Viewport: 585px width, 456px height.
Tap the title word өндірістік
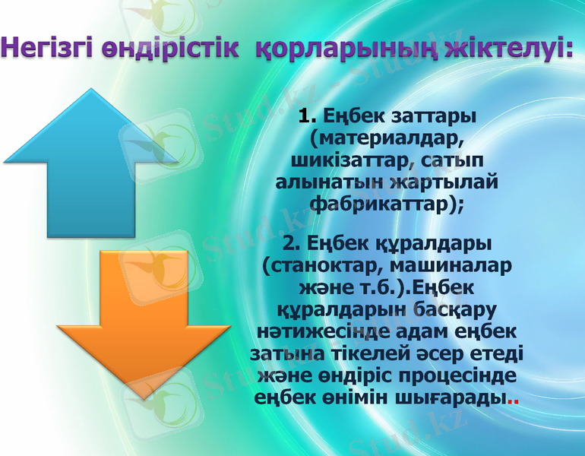171,47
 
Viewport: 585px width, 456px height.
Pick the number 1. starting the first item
308,117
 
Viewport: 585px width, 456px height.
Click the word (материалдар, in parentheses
387,139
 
